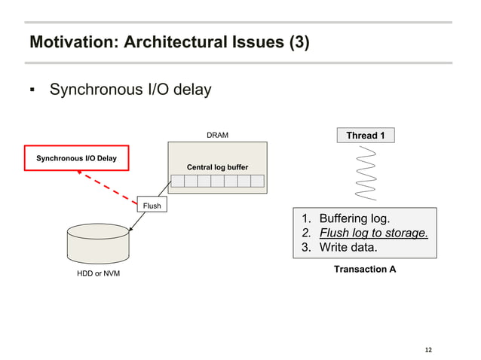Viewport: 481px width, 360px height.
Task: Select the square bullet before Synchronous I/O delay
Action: (32, 91)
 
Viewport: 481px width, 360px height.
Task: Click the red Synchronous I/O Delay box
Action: (76, 158)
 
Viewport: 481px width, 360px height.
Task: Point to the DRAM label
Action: (217, 136)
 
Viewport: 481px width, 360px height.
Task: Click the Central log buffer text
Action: (217, 166)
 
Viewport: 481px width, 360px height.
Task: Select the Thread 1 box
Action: (365, 136)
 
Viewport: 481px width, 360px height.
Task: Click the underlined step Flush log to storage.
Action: (373, 233)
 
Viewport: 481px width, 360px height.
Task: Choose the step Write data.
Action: (349, 247)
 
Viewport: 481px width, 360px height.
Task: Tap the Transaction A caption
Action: (365, 269)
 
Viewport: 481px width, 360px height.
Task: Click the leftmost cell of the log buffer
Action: (178, 181)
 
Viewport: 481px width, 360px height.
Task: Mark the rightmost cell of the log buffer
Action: (257, 181)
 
